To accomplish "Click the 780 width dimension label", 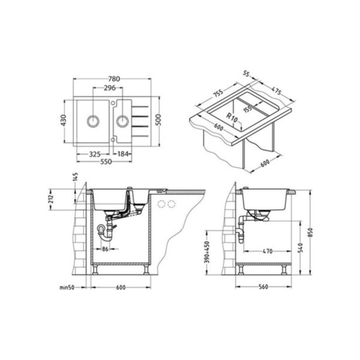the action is tap(114, 79).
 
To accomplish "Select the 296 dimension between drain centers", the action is tap(109, 88).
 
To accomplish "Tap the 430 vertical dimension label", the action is tap(63, 121).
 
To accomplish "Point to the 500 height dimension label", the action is tap(158, 120).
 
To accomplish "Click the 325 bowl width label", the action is tap(95, 154).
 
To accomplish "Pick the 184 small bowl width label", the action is tap(122, 154).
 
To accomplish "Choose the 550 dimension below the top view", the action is tap(106, 162).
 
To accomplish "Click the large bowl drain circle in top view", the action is tap(93, 121).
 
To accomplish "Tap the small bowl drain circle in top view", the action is tap(122, 121).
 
